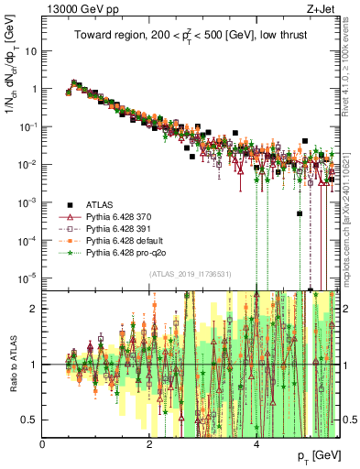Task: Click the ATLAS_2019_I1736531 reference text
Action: click(190, 274)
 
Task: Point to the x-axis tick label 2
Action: click(150, 444)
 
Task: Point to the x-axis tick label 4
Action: click(256, 444)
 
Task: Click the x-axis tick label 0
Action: click(43, 444)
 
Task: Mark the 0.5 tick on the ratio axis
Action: click(31, 420)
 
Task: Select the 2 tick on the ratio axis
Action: click(35, 309)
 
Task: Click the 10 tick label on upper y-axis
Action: click(31, 51)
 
